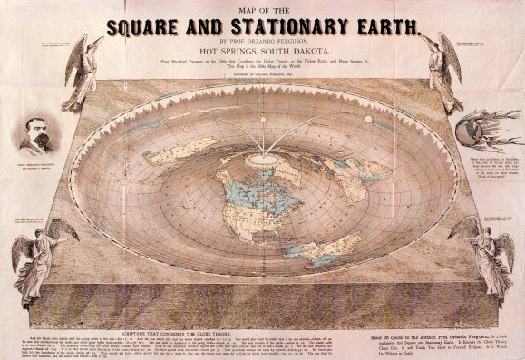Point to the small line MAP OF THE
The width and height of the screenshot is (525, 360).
[264, 7]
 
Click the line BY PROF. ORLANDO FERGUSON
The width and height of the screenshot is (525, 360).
[263, 42]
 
